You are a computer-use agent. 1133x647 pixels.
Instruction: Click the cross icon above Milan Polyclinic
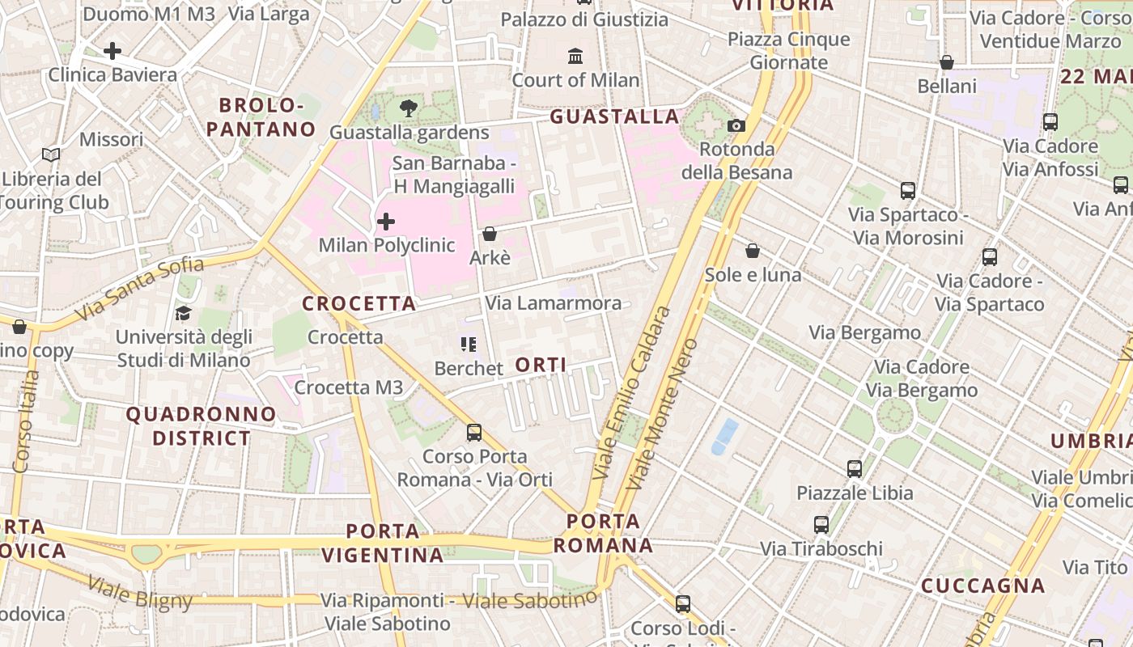[x=386, y=221]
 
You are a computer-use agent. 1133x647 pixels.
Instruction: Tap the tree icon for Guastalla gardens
[x=409, y=108]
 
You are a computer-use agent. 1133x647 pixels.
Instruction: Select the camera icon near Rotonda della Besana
[x=736, y=125]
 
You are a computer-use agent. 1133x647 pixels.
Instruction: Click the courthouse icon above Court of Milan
[x=575, y=56]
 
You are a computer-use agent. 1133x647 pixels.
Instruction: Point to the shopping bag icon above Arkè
[x=490, y=234]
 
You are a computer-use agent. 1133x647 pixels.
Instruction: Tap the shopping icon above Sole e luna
[x=753, y=251]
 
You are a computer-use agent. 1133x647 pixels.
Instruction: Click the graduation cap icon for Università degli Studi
[x=183, y=313]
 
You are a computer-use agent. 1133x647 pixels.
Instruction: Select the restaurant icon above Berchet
[x=469, y=345]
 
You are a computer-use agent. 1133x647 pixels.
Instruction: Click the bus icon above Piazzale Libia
[x=855, y=468]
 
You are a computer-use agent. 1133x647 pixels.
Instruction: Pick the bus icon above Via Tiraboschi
[x=821, y=525]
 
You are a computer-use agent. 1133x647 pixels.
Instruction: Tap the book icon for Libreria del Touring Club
[x=51, y=154]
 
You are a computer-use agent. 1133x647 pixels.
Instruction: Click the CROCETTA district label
[x=359, y=304]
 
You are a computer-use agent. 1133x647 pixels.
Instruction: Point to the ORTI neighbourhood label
[x=541, y=365]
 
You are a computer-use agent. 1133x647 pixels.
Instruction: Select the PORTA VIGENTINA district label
[x=383, y=543]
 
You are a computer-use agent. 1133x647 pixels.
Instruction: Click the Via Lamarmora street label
[x=554, y=303]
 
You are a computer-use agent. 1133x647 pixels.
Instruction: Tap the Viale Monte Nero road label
[x=662, y=414]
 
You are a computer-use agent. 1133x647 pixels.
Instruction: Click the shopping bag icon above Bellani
[x=947, y=62]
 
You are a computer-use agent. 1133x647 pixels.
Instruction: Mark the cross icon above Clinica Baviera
[x=112, y=51]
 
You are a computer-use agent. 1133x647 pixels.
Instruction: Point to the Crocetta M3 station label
[x=349, y=387]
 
